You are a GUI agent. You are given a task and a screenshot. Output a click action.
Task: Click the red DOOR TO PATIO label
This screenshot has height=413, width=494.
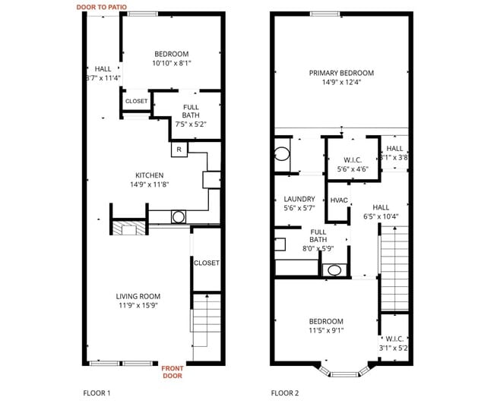[101, 7]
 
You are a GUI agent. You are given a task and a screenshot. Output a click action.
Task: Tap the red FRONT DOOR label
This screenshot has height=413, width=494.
[173, 371]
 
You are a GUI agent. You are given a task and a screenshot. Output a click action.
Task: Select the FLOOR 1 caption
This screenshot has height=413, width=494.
[97, 393]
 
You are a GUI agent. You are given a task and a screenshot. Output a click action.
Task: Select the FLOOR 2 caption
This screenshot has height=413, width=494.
[285, 393]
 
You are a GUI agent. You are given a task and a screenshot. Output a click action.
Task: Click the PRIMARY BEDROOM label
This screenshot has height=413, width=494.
[341, 74]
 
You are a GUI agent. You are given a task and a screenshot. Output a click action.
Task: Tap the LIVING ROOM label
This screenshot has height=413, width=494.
[138, 296]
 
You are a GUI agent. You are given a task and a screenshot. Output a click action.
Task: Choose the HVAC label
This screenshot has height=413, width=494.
[339, 200]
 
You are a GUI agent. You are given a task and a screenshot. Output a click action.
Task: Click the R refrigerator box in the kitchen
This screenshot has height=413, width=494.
[179, 150]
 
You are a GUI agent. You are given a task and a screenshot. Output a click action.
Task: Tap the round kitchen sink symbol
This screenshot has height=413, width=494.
[179, 216]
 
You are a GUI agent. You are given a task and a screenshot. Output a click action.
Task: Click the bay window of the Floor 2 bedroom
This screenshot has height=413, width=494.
[345, 372]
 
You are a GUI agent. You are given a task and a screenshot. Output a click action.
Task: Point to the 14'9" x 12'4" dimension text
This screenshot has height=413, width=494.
[341, 83]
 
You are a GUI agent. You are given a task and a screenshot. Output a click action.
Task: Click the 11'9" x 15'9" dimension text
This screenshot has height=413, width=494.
[138, 306]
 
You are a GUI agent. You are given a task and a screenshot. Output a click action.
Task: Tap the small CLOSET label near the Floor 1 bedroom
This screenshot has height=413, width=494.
[136, 101]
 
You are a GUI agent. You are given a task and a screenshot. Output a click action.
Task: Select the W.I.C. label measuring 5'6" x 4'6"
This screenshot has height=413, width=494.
[352, 160]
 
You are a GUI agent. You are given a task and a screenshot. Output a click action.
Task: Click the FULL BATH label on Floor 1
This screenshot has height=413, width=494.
[191, 111]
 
